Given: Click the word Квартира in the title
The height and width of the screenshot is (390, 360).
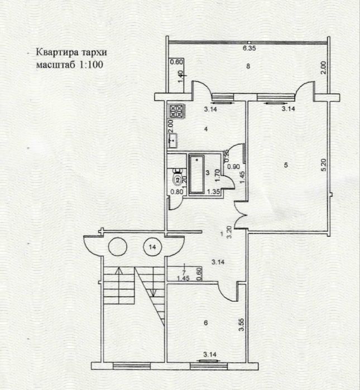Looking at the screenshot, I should (55, 53).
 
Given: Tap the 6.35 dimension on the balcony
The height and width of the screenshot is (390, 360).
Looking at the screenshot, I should (248, 49).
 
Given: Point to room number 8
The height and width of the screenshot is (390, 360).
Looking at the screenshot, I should (248, 67).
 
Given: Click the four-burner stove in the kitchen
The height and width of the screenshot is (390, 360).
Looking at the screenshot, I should (177, 110).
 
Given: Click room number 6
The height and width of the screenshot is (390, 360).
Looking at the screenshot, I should (207, 322).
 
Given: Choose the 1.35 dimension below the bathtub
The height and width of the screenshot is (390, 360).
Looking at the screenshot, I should (213, 193).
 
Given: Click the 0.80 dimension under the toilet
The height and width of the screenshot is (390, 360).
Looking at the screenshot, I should (176, 193).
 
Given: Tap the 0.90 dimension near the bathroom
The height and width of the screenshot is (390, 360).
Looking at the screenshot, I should (236, 166).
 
